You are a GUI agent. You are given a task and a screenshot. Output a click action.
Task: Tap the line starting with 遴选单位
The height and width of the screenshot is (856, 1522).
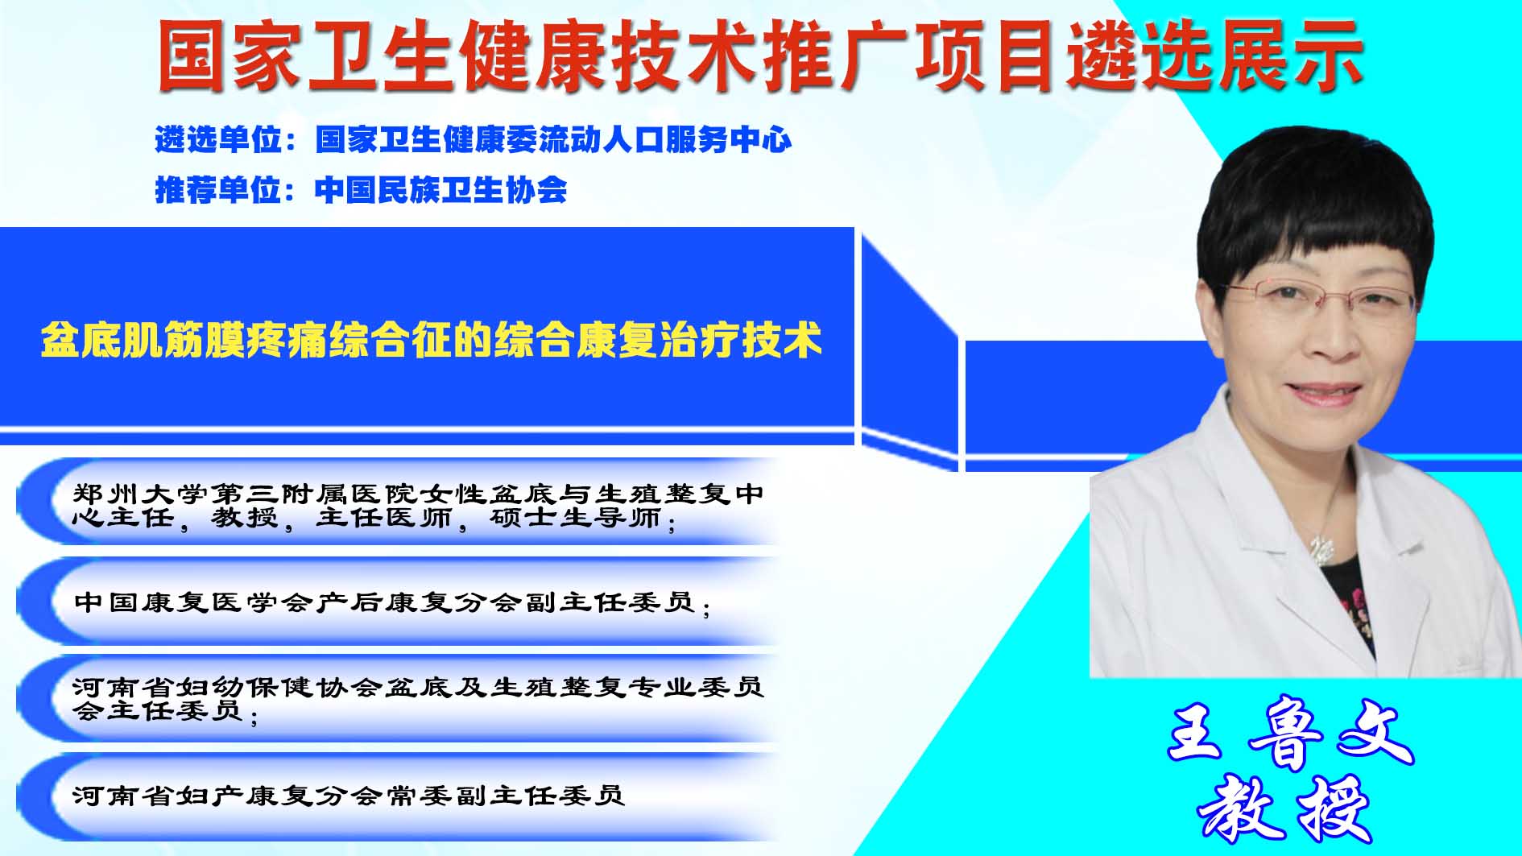tap(474, 139)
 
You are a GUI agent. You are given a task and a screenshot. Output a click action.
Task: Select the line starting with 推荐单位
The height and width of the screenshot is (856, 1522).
tap(361, 190)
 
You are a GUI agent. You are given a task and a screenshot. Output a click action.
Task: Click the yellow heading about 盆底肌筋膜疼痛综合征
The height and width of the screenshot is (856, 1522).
tap(432, 339)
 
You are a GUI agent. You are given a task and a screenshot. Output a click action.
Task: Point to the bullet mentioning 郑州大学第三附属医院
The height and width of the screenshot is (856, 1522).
tap(417, 506)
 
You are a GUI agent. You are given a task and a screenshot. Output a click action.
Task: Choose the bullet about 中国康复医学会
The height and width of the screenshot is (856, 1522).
tap(392, 602)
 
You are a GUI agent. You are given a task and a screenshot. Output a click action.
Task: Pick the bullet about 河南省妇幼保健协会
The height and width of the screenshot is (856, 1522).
tap(417, 699)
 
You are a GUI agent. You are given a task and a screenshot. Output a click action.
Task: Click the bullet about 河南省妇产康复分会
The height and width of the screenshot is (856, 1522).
tap(348, 796)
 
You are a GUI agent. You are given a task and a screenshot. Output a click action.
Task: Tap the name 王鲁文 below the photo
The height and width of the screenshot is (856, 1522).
tap(1290, 734)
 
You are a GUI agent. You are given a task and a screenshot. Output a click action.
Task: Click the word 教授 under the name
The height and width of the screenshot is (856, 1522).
tap(1285, 808)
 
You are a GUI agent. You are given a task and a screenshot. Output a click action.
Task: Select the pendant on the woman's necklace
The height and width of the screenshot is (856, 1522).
tap(1321, 549)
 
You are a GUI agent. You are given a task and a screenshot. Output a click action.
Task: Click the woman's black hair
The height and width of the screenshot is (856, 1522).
tap(1313, 201)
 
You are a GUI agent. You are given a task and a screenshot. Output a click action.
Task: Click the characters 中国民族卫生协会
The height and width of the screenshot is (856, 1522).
tap(440, 190)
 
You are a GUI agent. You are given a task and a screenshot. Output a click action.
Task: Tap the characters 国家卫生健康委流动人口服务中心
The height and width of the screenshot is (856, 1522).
tap(553, 139)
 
